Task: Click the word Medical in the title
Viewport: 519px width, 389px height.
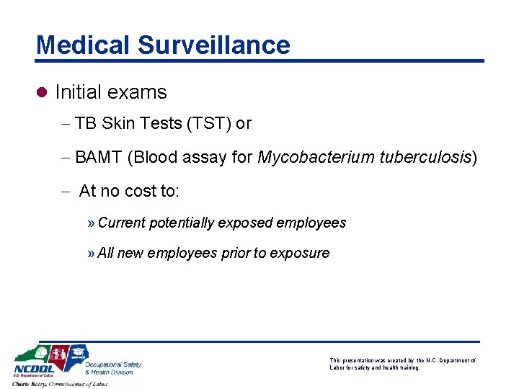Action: pos(82,45)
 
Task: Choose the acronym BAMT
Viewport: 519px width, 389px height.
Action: pos(99,157)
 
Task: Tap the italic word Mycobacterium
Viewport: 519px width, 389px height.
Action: pos(314,157)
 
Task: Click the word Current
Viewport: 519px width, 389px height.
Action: pos(121,223)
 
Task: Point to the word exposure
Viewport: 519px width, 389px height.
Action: pos(299,253)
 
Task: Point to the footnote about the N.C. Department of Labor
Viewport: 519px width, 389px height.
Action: pos(402,364)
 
